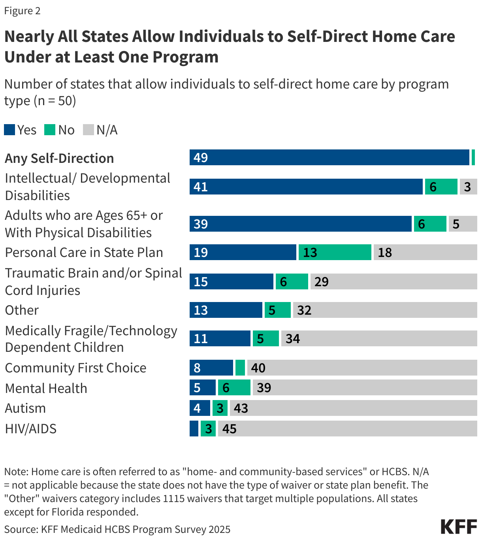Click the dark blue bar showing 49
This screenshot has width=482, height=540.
pos(329,157)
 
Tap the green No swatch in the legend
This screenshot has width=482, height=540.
pos(50,130)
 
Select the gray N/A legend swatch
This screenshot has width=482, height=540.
pos(88,130)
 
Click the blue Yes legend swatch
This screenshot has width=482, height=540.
pos(9,130)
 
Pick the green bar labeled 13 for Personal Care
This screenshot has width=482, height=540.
pos(335,252)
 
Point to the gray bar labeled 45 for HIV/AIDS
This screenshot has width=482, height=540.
pos(347,429)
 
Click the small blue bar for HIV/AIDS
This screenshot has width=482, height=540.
pos(194,429)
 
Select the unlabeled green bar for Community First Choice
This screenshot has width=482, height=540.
pos(240,368)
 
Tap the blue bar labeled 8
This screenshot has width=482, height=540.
pos(211,368)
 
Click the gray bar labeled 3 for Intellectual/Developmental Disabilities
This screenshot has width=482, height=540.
pos(468,187)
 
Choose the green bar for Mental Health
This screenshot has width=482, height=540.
pos(234,387)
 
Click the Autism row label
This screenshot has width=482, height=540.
pos(25,408)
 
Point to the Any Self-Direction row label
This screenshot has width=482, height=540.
pos(59,158)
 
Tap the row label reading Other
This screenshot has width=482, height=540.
pos(22,310)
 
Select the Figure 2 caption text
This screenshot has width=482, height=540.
pos(22,11)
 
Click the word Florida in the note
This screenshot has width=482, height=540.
pos(68,512)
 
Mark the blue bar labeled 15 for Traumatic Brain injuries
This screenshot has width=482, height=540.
pos(231,281)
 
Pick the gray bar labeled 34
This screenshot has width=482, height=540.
pos(379,338)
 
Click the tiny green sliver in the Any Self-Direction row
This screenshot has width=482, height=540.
pos(473,157)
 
